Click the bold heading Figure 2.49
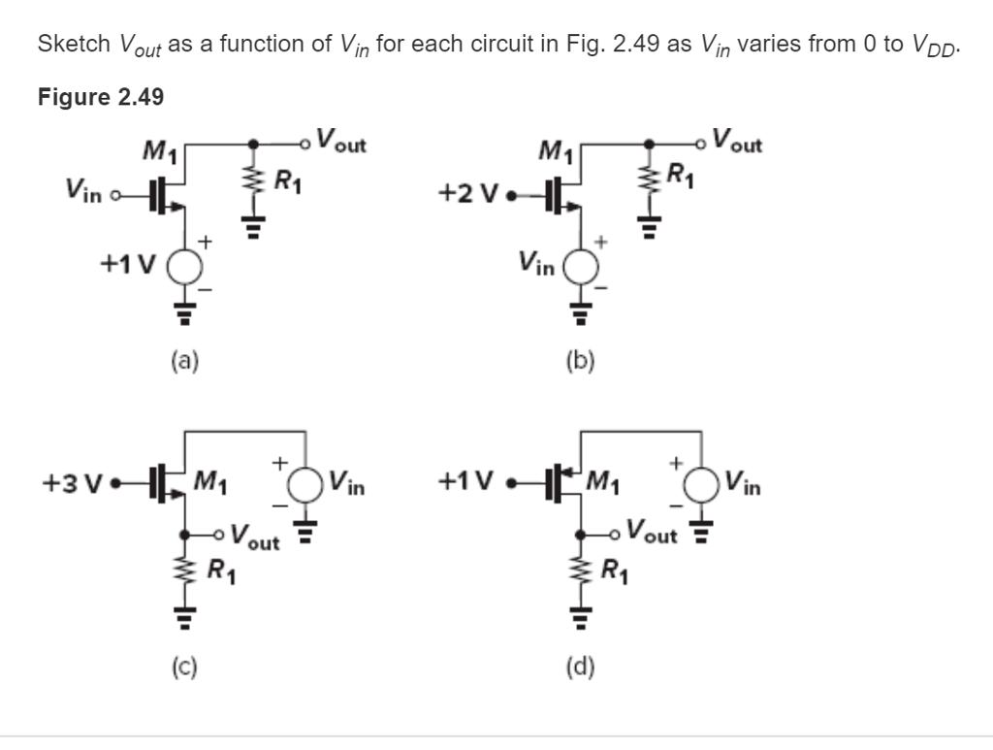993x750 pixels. [x=101, y=98]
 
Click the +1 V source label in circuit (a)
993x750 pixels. [x=127, y=264]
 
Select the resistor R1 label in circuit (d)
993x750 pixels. [x=614, y=569]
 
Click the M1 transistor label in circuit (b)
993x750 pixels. [x=557, y=151]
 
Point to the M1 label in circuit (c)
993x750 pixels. [x=211, y=478]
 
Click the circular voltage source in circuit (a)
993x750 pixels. [x=186, y=265]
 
